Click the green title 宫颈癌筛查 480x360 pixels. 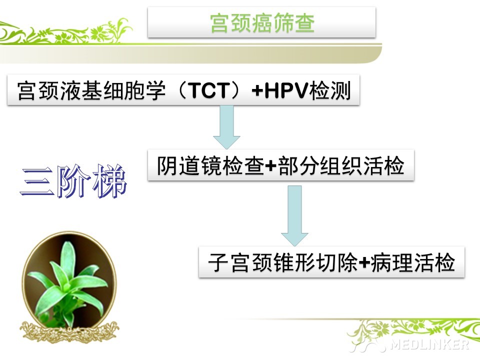pyautogui.click(x=262, y=23)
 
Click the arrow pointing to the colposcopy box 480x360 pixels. pyautogui.click(x=226, y=127)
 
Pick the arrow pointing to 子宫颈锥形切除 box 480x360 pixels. pyautogui.click(x=294, y=216)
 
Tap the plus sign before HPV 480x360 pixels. pyautogui.click(x=257, y=91)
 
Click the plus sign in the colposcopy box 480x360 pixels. pyautogui.click(x=271, y=166)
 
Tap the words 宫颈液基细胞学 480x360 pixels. pyautogui.click(x=91, y=90)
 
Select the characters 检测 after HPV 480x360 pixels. pyautogui.click(x=330, y=90)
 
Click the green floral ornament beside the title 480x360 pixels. pyautogui.click(x=66, y=31)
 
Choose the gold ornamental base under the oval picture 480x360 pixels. pyautogui.click(x=69, y=331)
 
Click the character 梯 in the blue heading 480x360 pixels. pyautogui.click(x=110, y=181)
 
